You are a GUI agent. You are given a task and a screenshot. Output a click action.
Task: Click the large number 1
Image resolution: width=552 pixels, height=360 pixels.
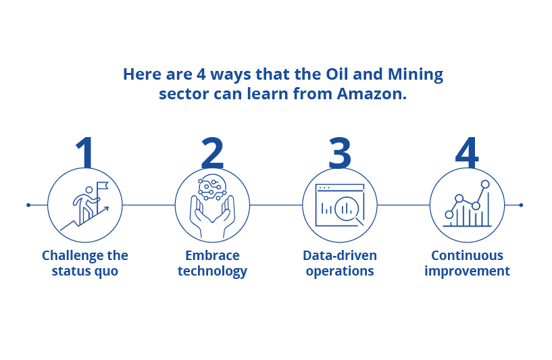(x=85, y=153)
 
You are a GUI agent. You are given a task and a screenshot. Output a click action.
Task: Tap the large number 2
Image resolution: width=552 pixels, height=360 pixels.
(x=212, y=153)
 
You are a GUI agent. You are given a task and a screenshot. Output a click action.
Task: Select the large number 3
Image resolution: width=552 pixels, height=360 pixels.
(x=340, y=153)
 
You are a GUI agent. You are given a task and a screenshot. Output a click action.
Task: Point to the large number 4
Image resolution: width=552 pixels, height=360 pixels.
(x=467, y=153)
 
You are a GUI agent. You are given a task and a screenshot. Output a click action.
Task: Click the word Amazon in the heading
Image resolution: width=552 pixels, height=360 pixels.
(x=372, y=94)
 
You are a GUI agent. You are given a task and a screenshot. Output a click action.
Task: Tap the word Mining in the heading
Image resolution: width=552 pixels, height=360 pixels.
(x=416, y=75)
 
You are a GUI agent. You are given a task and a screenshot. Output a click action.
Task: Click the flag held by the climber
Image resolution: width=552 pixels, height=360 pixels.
(x=103, y=186)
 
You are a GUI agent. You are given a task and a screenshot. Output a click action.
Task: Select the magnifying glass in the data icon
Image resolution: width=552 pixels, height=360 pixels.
(x=349, y=211)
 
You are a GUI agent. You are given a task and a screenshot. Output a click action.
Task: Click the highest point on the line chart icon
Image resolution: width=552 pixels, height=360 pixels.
(x=485, y=184)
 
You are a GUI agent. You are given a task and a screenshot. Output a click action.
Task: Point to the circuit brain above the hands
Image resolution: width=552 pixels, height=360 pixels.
(x=212, y=187)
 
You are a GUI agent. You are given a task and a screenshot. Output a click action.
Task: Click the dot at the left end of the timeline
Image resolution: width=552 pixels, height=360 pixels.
(x=28, y=205)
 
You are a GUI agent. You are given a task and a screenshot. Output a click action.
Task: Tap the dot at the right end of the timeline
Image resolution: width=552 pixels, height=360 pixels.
(x=521, y=205)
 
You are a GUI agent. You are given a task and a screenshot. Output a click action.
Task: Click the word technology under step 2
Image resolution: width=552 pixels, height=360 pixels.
(x=212, y=272)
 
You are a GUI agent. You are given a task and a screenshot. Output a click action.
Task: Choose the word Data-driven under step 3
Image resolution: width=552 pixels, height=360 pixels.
(x=340, y=255)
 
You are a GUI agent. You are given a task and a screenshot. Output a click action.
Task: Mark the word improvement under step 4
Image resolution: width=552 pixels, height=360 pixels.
(x=467, y=272)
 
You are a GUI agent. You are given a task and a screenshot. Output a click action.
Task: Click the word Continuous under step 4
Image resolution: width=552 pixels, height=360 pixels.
(x=467, y=255)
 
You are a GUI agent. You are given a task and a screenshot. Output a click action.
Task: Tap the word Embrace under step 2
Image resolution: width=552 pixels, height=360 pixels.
(x=212, y=255)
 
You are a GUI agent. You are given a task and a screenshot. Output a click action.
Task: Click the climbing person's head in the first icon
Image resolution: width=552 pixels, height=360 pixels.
(x=89, y=190)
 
